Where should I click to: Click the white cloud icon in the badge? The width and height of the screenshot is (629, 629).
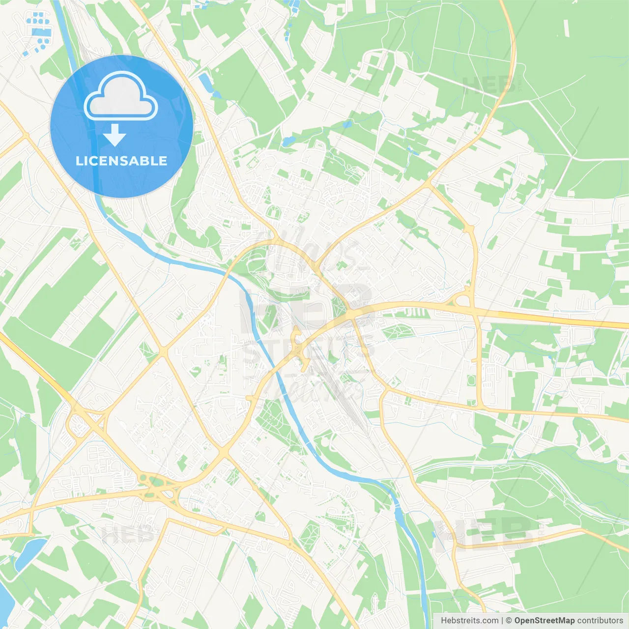tap(121, 96)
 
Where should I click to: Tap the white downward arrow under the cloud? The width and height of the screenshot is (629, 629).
tap(114, 135)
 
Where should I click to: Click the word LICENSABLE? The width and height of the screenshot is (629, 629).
tap(121, 161)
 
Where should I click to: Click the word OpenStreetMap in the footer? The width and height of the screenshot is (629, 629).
tap(544, 621)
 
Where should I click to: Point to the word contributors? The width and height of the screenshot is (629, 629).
tap(600, 621)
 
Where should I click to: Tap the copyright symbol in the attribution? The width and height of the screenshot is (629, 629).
tap(509, 621)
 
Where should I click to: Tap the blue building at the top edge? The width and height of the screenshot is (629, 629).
tap(294, 6)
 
